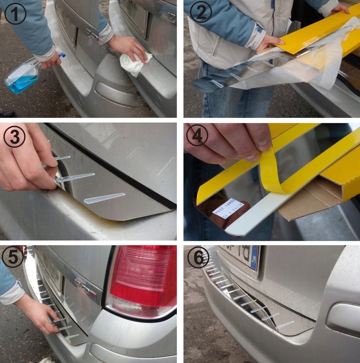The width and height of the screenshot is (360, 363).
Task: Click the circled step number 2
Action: click(201, 14)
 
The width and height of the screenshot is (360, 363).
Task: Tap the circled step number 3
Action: click(14, 137)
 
